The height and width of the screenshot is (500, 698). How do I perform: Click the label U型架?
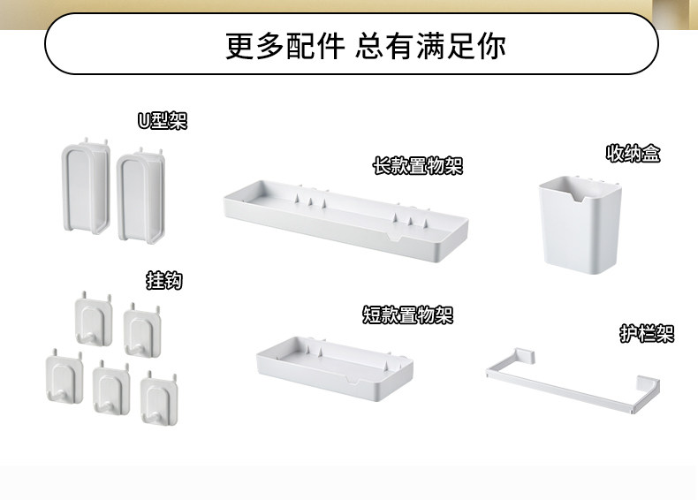tap(162, 121)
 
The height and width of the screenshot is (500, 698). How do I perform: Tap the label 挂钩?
tap(163, 281)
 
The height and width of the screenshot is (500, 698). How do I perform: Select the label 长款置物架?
tap(417, 165)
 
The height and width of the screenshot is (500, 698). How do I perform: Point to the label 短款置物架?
tap(407, 314)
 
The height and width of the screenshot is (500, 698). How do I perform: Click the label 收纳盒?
tap(633, 154)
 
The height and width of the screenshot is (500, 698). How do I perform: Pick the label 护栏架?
tap(647, 334)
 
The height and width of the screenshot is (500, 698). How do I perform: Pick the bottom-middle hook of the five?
tap(111, 386)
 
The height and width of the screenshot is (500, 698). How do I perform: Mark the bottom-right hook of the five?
tap(160, 394)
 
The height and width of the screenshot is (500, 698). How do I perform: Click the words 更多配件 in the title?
tap(284, 45)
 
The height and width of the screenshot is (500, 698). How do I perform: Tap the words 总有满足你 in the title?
tap(430, 45)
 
